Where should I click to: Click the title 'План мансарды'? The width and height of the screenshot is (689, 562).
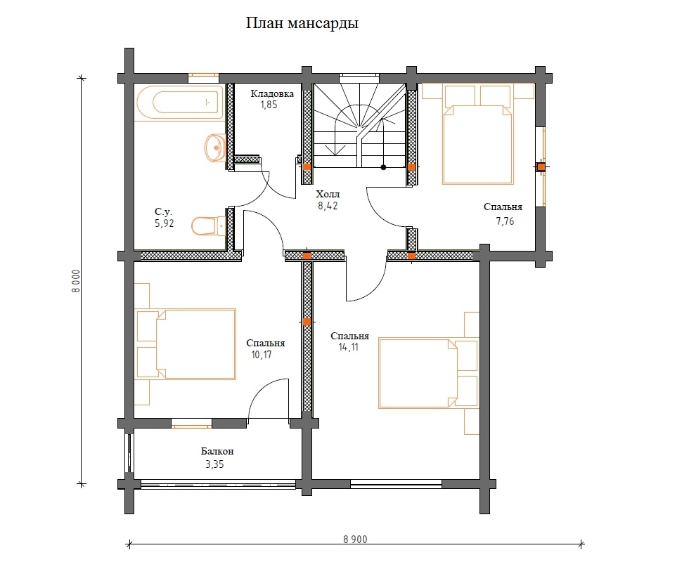302,23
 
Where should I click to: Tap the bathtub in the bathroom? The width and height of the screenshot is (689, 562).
181,103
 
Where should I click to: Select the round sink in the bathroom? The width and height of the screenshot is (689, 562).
215,148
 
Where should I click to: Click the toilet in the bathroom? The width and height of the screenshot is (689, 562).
208,226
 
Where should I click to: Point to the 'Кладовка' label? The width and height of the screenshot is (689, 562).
273,93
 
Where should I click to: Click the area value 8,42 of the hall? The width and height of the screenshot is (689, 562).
328,205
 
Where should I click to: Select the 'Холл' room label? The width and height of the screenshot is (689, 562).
328,194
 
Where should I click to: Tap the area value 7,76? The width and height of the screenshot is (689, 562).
505,221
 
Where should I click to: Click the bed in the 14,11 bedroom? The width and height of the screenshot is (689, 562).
428,373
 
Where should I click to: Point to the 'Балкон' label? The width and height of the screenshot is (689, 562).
217,451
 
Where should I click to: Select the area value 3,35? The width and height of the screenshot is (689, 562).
215,464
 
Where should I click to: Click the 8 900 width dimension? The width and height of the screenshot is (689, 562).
355,540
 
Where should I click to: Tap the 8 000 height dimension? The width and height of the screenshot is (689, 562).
77,281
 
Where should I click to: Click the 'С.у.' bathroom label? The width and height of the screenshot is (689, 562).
163,212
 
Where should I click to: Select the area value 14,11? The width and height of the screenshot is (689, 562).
349,347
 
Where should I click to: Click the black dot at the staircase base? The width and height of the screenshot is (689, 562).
384,167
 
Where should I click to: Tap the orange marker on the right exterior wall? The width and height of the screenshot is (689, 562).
541,167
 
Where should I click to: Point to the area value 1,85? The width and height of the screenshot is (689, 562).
269,105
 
